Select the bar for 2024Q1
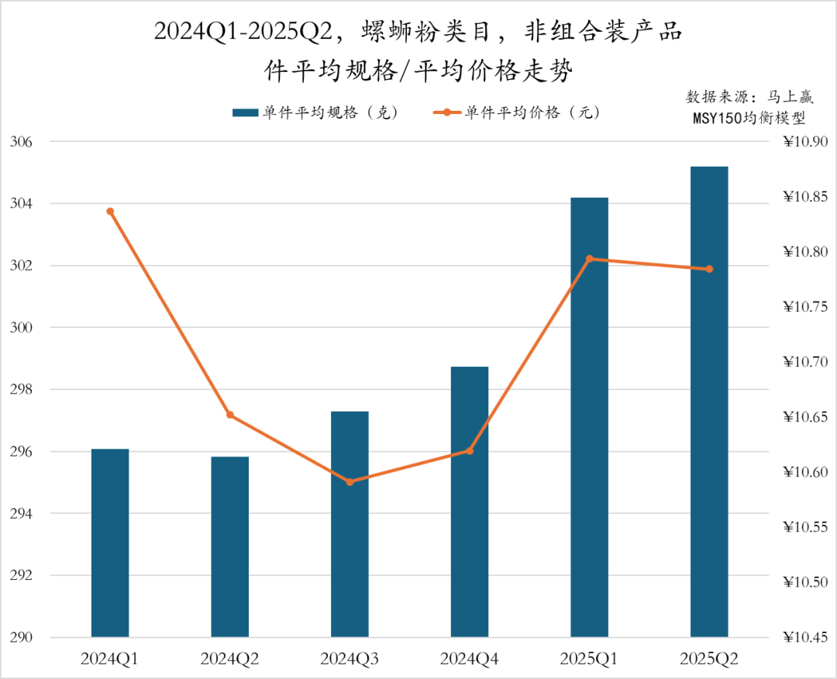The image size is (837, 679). (x=110, y=543)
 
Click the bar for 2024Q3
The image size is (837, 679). (x=350, y=524)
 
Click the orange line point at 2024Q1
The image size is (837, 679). (x=110, y=212)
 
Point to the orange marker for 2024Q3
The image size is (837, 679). (x=350, y=482)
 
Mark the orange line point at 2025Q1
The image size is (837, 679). (x=589, y=259)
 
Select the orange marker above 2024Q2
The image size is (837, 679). (x=230, y=415)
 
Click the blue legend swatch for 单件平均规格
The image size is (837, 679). (x=244, y=113)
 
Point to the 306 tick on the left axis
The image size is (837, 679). (x=21, y=143)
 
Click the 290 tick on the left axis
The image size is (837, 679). (x=21, y=638)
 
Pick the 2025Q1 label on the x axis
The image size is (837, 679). (x=589, y=660)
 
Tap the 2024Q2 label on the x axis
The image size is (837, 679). (x=230, y=660)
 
